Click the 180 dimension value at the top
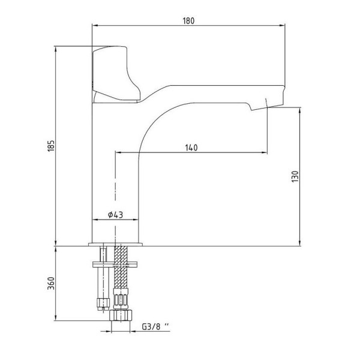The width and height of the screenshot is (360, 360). pyautogui.click(x=188, y=20)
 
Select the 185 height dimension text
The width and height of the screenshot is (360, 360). pyautogui.click(x=51, y=146)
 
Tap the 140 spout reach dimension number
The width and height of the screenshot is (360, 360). pyautogui.click(x=191, y=148)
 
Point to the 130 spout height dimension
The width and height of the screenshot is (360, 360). pyautogui.click(x=295, y=176)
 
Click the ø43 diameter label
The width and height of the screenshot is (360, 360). pyautogui.click(x=115, y=215)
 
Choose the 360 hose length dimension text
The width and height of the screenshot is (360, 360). pyautogui.click(x=51, y=283)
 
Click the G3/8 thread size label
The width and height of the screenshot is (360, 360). pyautogui.click(x=155, y=326)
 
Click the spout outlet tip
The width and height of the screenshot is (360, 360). pyautogui.click(x=266, y=106)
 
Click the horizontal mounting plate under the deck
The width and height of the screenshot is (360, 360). pyautogui.click(x=115, y=265)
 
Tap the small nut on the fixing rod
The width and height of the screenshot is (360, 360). pyautogui.click(x=103, y=304)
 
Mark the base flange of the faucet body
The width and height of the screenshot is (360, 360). pyautogui.click(x=115, y=244)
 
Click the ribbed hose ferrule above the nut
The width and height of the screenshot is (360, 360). pyautogui.click(x=121, y=299)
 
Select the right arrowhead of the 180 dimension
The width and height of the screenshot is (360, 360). pyautogui.click(x=283, y=25)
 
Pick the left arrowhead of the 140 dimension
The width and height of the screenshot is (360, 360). pyautogui.click(x=118, y=152)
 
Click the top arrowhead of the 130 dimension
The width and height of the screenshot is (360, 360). pyautogui.click(x=299, y=110)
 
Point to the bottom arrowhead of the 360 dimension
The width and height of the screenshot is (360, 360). pyautogui.click(x=56, y=318)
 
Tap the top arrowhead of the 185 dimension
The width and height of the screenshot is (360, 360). pyautogui.click(x=56, y=49)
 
